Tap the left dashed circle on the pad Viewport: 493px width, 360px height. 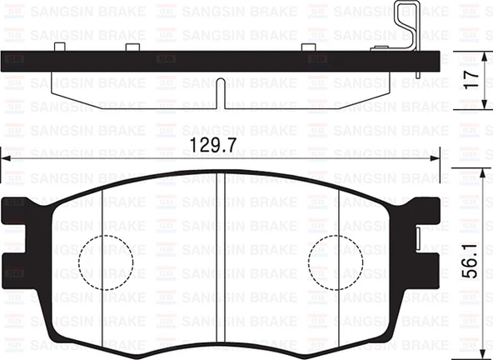click(106, 260)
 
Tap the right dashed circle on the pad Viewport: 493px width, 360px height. click(335, 260)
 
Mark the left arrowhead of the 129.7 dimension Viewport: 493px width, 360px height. click(5, 158)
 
